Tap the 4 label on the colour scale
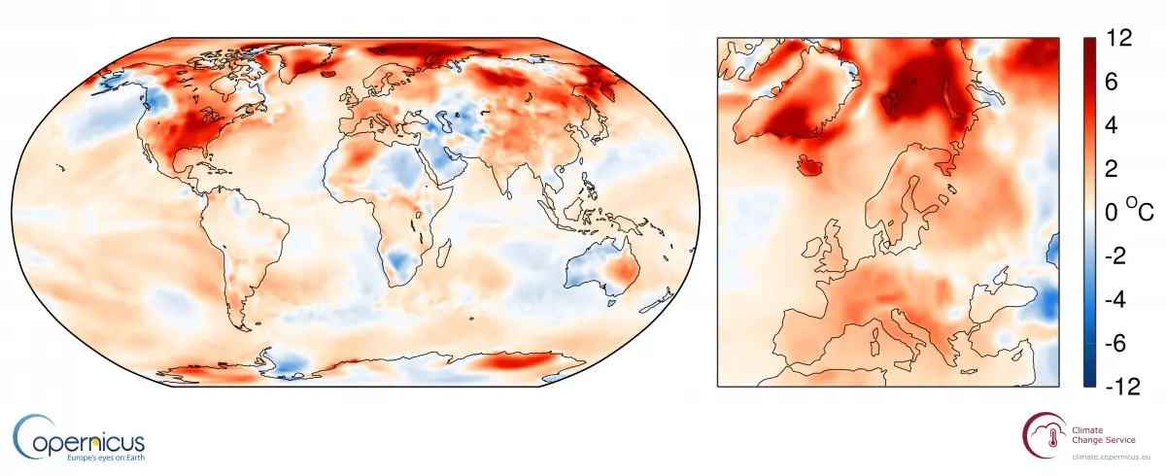1112,126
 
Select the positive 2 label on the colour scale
1112,168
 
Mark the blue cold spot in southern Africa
400,259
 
